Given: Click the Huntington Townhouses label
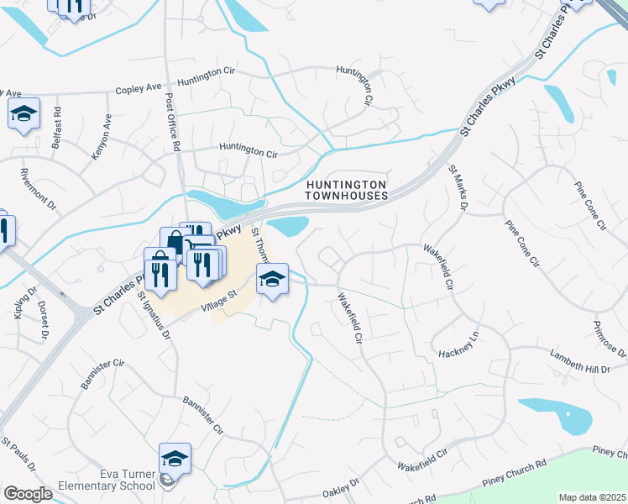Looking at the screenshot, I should click(347, 189).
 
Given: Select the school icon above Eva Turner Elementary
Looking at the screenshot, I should click(175, 459).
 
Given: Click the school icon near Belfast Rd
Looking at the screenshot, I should click(24, 113).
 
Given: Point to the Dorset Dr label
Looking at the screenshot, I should click(43, 320).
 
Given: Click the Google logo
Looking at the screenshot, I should click(28, 494).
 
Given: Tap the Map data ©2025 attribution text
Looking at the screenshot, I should click(592, 497).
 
